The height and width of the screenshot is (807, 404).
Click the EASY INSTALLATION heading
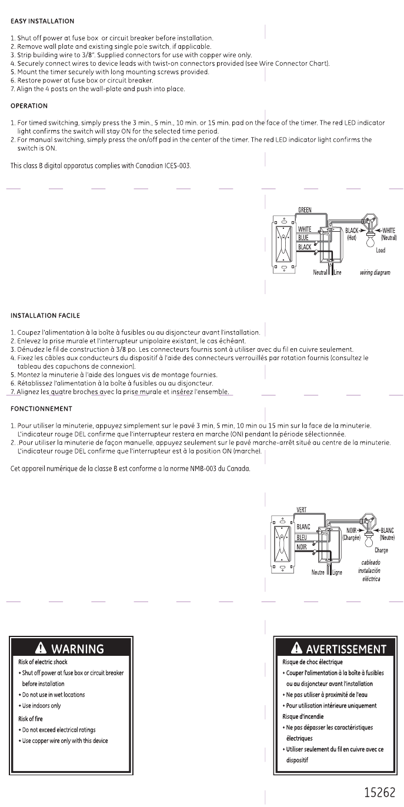point(42,21)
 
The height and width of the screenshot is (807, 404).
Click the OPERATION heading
point(29,106)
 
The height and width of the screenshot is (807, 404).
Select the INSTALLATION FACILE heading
point(45,316)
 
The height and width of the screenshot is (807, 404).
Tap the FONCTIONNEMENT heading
point(42,409)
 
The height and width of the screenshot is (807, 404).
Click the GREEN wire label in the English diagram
point(305,210)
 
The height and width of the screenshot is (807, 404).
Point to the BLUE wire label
point(303,238)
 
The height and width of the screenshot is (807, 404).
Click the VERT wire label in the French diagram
point(302,510)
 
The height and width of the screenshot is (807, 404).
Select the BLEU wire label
point(302,537)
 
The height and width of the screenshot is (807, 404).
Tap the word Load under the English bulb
point(380,251)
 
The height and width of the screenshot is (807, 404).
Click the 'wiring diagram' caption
point(375,273)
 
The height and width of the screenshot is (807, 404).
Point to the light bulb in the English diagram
point(371,238)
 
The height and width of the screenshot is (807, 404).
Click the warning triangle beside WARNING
point(42,648)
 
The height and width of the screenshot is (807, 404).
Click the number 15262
point(379,792)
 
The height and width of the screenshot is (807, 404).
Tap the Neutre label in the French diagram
point(318,572)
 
